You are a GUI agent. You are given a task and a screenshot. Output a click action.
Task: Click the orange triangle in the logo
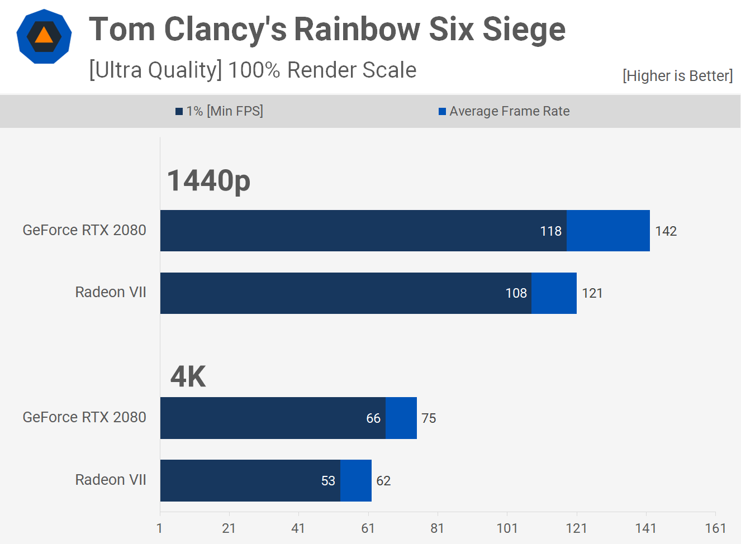pos(44,36)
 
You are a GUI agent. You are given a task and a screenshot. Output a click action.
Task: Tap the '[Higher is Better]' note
pos(677,75)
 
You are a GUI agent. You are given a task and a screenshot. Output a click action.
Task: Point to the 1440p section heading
pos(208,180)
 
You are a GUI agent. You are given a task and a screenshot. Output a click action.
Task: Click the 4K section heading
pos(188,376)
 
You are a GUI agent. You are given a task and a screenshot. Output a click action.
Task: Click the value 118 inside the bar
pos(550,231)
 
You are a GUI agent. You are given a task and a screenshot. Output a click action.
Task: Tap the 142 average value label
pos(666,231)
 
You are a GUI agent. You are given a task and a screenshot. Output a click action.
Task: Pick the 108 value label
pos(516,293)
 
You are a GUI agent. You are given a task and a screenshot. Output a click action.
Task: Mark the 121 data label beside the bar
pos(592,293)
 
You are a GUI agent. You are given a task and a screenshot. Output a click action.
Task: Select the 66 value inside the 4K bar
pos(373,418)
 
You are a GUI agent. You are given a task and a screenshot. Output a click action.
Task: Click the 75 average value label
pos(429,418)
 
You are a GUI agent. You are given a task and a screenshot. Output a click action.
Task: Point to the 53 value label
pos(328,481)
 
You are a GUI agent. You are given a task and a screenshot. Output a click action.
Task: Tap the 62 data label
pos(383,481)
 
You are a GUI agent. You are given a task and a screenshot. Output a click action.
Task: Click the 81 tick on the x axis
pos(437,528)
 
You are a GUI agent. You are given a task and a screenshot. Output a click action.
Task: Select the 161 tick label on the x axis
pos(715,528)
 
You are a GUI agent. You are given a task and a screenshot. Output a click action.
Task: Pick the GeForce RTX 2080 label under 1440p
pos(84,230)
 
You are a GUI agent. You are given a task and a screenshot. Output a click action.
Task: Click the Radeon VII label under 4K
pos(111,480)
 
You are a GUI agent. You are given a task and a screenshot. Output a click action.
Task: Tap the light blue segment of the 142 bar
pos(608,231)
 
